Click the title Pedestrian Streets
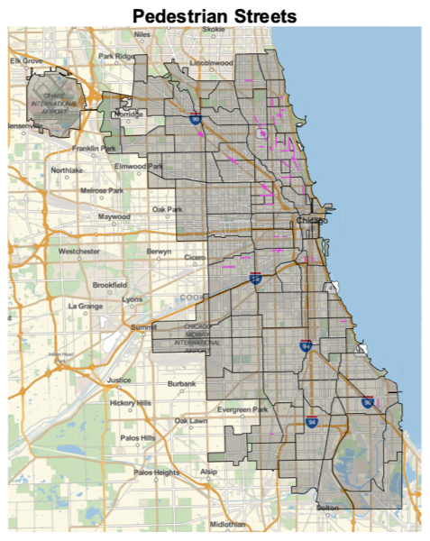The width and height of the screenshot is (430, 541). (215, 15)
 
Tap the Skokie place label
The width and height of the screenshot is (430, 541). (214, 29)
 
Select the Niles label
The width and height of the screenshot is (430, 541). (142, 34)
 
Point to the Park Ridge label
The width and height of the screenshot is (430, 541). (116, 56)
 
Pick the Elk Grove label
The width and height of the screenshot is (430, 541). (26, 60)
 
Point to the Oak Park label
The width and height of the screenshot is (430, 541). (167, 210)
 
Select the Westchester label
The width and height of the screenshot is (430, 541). (79, 251)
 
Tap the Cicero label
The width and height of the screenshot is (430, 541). (195, 257)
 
